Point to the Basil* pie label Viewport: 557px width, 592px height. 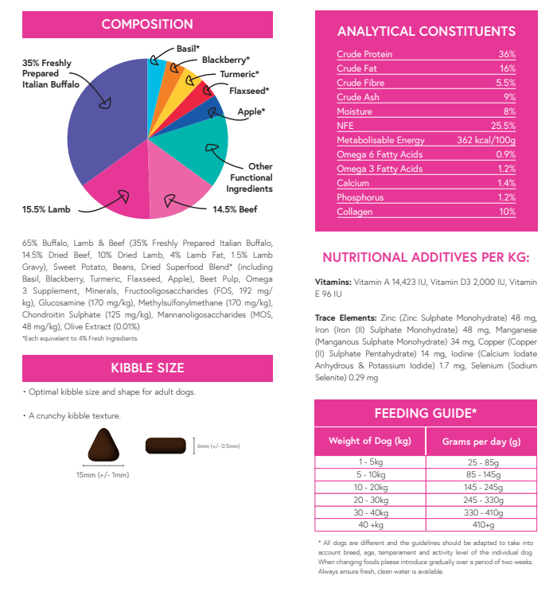pos(188,48)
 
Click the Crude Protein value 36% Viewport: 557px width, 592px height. pos(507,54)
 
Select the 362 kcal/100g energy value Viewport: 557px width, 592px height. pos(485,140)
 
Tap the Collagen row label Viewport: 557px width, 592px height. pos(353,212)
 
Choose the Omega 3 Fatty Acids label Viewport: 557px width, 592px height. pos(380,169)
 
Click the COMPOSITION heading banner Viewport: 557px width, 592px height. pos(146,25)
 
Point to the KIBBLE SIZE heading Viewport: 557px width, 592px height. pos(146,368)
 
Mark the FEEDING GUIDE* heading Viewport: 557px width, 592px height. pos(425,413)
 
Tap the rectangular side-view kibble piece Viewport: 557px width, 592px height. pos(166,446)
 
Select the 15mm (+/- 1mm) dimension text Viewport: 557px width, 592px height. pos(102,475)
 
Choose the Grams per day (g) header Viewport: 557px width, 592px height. pos(481,441)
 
